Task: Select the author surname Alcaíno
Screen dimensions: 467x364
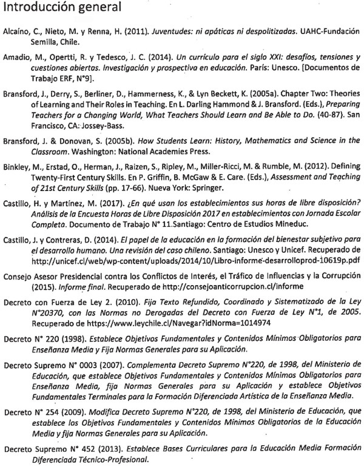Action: pos(18,31)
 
